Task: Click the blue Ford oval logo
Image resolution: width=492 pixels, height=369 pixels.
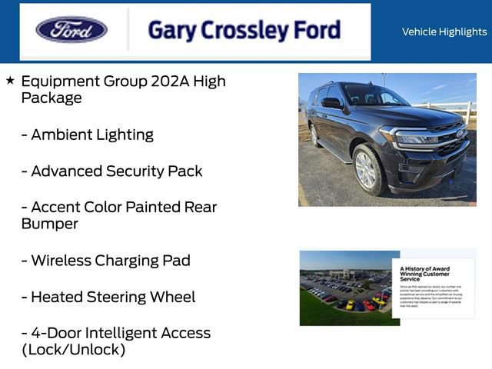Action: (x=71, y=30)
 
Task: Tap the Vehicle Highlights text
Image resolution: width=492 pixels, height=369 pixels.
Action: (x=444, y=32)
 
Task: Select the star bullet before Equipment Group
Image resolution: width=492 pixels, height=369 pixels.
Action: (x=10, y=81)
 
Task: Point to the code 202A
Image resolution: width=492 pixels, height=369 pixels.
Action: (x=173, y=81)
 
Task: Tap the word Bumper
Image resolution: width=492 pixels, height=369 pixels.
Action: (x=52, y=224)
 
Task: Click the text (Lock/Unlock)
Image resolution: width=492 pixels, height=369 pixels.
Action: (x=73, y=350)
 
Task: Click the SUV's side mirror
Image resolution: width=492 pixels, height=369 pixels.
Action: (x=331, y=104)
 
